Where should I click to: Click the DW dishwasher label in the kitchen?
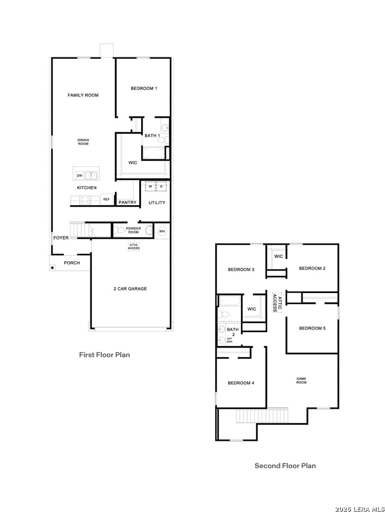[79, 176]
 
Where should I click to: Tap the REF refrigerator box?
[107, 199]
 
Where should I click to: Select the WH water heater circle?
[162, 231]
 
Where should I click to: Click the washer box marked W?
[150, 187]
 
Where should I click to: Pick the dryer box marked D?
[162, 187]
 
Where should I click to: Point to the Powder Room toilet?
[119, 230]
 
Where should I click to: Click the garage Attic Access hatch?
[134, 247]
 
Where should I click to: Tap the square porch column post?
[52, 267]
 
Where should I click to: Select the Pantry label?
[127, 202]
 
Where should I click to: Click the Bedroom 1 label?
[144, 88]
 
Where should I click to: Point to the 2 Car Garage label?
[130, 289]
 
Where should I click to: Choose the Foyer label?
[61, 238]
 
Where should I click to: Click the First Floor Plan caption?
[105, 355]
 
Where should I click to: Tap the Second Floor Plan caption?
[285, 465]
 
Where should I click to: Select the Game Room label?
[301, 380]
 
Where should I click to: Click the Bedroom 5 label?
[312, 328]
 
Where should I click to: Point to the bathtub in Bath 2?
[230, 300]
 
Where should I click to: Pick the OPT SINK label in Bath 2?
[230, 340]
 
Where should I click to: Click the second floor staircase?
[262, 416]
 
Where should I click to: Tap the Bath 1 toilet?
[162, 140]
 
